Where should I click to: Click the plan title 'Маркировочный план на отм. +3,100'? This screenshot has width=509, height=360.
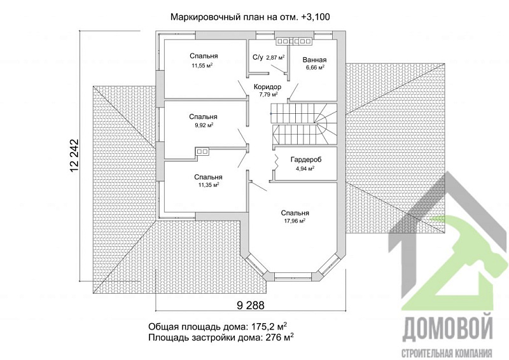click(x=248, y=17)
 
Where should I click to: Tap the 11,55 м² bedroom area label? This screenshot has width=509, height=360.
click(x=203, y=66)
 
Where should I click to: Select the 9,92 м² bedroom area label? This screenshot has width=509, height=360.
click(x=203, y=126)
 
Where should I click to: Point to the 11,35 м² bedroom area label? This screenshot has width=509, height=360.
click(x=208, y=185)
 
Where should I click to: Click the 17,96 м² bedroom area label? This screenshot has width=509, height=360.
click(x=294, y=221)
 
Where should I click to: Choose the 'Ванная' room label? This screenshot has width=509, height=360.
click(x=314, y=59)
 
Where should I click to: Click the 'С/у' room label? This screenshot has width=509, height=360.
click(x=258, y=58)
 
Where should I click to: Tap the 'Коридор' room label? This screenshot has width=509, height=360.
click(x=267, y=86)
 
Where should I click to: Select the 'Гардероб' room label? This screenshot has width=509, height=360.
click(x=305, y=160)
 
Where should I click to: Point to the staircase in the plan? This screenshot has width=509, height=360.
click(x=304, y=125)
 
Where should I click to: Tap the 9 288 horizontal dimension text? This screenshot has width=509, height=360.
click(x=250, y=305)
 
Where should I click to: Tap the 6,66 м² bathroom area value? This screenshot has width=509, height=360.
click(x=314, y=67)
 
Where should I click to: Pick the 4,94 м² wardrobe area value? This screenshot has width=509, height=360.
click(x=305, y=169)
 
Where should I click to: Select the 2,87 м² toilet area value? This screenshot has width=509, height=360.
click(x=275, y=58)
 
